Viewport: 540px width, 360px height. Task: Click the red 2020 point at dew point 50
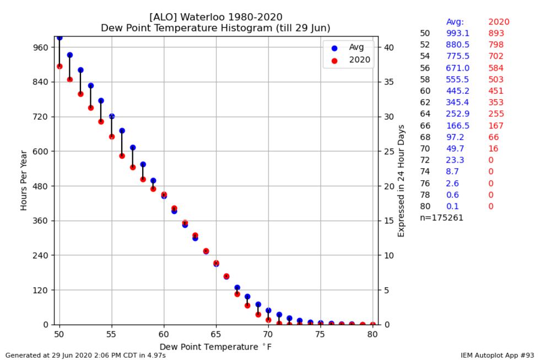pos(60,66)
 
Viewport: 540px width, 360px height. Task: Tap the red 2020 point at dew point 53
pos(91,108)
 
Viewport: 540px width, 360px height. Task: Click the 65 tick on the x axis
pos(216,334)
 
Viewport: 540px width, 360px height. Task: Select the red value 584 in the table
pos(496,68)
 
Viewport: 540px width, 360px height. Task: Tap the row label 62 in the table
pos(425,103)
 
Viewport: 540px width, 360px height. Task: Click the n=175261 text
pos(441,218)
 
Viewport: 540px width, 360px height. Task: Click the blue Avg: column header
pos(455,22)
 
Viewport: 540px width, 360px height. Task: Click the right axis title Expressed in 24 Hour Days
pos(401,181)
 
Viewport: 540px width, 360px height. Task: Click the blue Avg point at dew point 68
pos(247,297)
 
